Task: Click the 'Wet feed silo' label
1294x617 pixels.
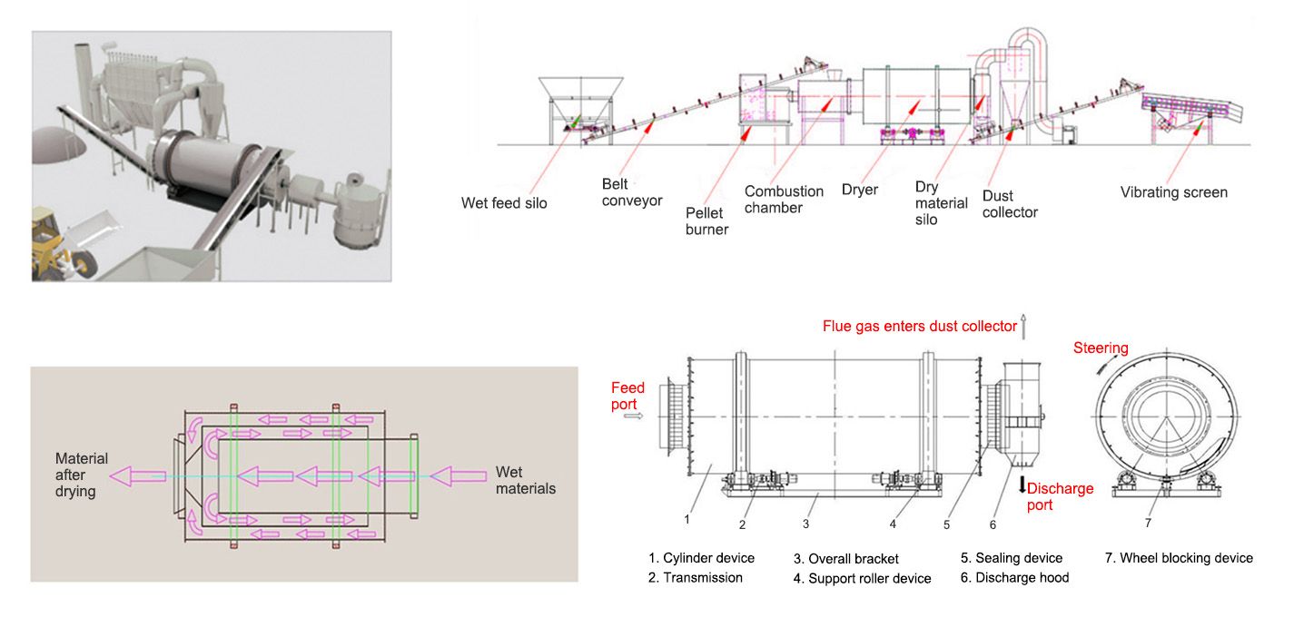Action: click(504, 203)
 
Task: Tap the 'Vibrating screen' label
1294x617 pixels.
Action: click(1173, 192)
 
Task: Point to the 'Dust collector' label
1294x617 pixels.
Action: click(1010, 204)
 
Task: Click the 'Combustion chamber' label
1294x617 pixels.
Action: click(784, 200)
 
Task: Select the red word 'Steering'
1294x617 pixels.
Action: click(1101, 348)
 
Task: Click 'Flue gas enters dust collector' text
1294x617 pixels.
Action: click(920, 326)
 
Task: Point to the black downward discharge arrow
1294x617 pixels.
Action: click(1022, 484)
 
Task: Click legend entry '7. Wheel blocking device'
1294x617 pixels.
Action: click(1179, 558)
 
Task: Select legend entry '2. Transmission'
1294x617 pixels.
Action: click(695, 577)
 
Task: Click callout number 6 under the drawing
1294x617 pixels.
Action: click(993, 524)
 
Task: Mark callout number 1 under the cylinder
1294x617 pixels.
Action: click(687, 520)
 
